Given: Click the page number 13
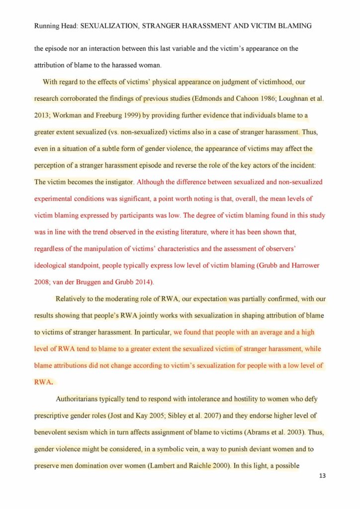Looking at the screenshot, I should (x=322, y=476).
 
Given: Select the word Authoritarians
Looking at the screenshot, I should (x=80, y=399).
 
